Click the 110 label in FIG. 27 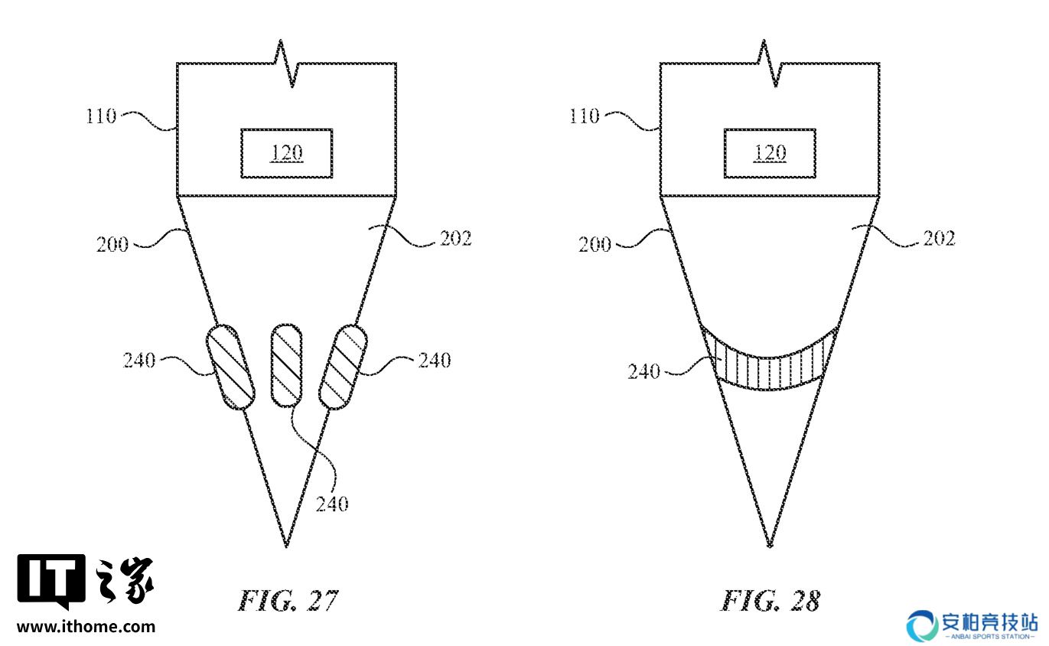(x=101, y=116)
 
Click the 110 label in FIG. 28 (x=584, y=116)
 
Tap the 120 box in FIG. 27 (x=287, y=153)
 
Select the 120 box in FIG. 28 (x=770, y=153)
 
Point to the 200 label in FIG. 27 (x=112, y=244)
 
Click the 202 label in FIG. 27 (x=456, y=239)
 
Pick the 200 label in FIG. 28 (x=595, y=244)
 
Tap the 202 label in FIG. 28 (x=939, y=239)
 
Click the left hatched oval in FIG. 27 (x=230, y=367)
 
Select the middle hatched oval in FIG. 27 (x=286, y=365)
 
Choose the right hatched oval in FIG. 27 (x=343, y=367)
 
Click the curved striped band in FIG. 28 (x=770, y=370)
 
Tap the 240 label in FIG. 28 (x=643, y=372)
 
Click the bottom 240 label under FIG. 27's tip (x=332, y=504)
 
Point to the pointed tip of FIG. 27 (x=286, y=546)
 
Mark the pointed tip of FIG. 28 (x=770, y=546)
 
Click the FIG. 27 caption (x=288, y=601)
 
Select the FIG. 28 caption (x=770, y=601)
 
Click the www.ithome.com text (x=86, y=626)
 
